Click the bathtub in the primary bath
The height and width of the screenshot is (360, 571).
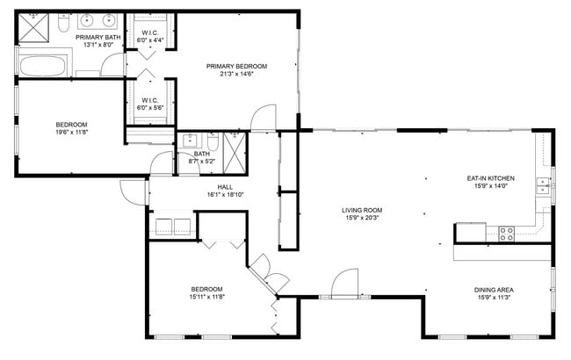coord(42,66)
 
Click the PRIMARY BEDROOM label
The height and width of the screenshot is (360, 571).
coord(236,66)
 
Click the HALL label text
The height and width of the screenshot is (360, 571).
coord(225,186)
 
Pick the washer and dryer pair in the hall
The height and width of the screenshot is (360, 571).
coord(173,227)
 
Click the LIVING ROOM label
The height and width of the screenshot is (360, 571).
coord(362,210)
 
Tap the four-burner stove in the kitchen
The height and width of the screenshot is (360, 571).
coord(507,234)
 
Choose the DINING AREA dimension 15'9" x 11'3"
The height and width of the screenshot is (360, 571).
coord(493,298)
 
